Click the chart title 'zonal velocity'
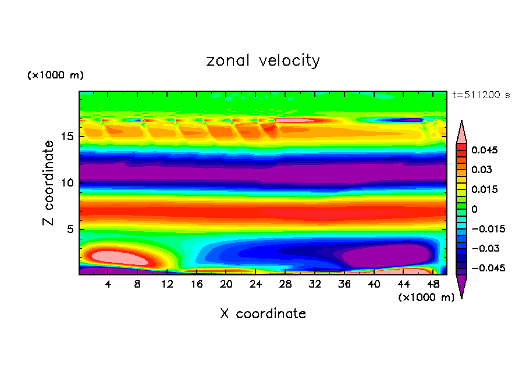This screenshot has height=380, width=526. click(x=263, y=60)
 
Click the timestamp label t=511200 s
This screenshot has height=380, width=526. click(x=481, y=95)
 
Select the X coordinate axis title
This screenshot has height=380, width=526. click(x=263, y=314)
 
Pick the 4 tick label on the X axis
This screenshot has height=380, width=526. click(x=108, y=285)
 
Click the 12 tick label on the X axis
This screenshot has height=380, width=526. click(x=168, y=285)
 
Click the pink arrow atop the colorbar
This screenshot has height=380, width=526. click(x=461, y=132)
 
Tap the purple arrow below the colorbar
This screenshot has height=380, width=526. click(x=461, y=285)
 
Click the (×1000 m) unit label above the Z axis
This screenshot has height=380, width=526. click(x=56, y=76)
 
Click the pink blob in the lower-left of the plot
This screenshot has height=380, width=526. click(x=115, y=256)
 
